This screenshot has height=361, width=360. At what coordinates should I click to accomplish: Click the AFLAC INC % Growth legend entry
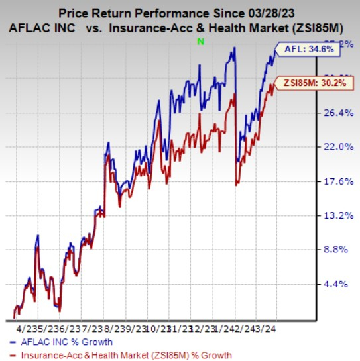point(73,342)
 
